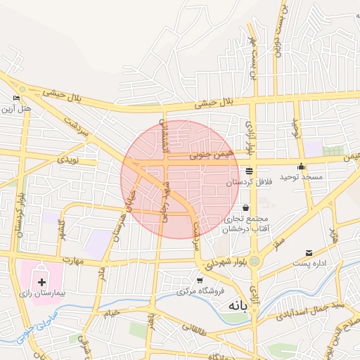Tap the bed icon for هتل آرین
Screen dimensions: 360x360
point(16,98)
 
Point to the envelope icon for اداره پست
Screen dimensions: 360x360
point(309,253)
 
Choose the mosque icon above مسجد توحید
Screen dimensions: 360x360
point(302,167)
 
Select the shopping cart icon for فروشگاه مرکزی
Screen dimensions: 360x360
point(200,281)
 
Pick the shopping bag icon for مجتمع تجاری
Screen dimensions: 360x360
point(245,208)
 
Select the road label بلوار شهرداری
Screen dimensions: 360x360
point(223,264)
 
